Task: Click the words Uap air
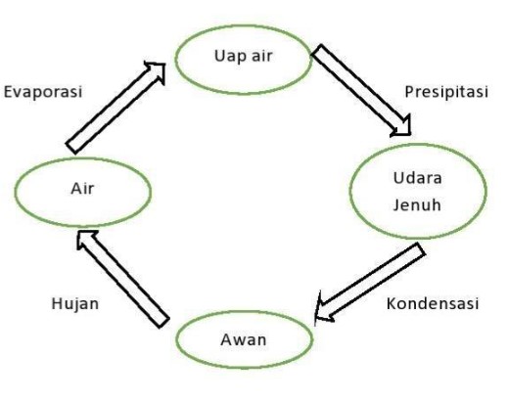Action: click(x=243, y=57)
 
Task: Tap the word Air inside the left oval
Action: click(x=82, y=189)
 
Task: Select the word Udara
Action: click(x=418, y=178)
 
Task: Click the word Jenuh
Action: click(x=417, y=205)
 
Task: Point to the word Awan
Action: click(x=244, y=339)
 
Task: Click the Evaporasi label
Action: click(x=43, y=92)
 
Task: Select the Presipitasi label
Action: click(x=446, y=92)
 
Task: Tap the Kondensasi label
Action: click(x=433, y=303)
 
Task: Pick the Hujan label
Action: click(x=75, y=304)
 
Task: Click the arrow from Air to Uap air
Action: click(x=116, y=107)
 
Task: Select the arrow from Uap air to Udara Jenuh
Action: click(x=361, y=90)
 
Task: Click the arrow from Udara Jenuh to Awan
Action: click(x=370, y=283)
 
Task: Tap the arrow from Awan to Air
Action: click(x=123, y=279)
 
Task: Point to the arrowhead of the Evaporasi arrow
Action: click(x=158, y=69)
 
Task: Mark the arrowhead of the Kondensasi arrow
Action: click(x=323, y=309)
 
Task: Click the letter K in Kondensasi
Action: click(x=392, y=303)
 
